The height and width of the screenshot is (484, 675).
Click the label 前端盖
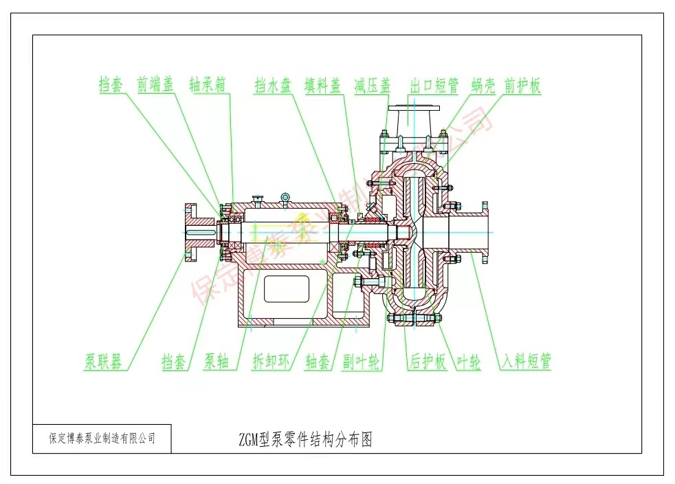(155, 85)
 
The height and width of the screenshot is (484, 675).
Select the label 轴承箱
(208, 85)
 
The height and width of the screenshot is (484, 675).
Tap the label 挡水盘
(273, 85)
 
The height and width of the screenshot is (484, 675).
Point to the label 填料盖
(323, 85)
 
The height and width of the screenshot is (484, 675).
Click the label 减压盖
(373, 85)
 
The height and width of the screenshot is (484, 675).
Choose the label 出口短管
(434, 85)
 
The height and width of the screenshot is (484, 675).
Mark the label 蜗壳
(485, 85)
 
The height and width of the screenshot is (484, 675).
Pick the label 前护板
(522, 85)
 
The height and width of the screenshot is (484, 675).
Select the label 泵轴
(217, 361)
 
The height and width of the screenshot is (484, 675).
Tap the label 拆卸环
(272, 361)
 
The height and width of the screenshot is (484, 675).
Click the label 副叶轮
(362, 361)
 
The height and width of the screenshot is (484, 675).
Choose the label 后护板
(428, 361)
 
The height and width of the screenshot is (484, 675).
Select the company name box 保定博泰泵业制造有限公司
(102, 438)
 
